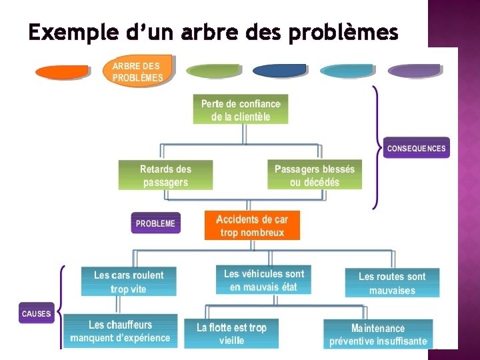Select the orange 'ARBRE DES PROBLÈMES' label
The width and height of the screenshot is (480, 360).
pyautogui.click(x=138, y=71)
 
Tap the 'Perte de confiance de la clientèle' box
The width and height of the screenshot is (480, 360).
pyautogui.click(x=241, y=110)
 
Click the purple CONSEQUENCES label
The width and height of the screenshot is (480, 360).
pyautogui.click(x=417, y=148)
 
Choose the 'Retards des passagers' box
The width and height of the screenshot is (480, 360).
pyautogui.click(x=165, y=175)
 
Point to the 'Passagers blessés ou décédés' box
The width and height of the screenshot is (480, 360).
pyautogui.click(x=315, y=175)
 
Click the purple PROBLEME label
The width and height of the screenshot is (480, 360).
pyautogui.click(x=155, y=223)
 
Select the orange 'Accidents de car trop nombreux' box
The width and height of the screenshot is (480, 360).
pyautogui.click(x=252, y=226)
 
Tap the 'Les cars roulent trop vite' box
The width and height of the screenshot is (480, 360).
pyautogui.click(x=129, y=281)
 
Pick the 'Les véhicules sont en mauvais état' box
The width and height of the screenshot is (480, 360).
pyautogui.click(x=263, y=280)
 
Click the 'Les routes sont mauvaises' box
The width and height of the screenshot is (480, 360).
pyautogui.click(x=392, y=283)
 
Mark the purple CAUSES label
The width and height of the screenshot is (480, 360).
pyautogui.click(x=36, y=313)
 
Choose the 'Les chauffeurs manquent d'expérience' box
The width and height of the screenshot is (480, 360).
pyautogui.click(x=120, y=331)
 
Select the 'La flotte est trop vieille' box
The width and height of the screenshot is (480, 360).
pyautogui.click(x=231, y=333)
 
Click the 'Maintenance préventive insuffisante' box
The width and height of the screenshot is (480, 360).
pyautogui.click(x=378, y=334)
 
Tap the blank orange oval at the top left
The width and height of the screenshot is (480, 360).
pyautogui.click(x=62, y=71)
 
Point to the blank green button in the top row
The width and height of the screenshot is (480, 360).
pyautogui.click(x=213, y=71)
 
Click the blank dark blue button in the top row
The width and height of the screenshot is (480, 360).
pyautogui.click(x=279, y=71)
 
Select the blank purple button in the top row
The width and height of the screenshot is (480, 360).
pyautogui.click(x=414, y=71)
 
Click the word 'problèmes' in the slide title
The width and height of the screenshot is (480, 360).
pyautogui.click(x=344, y=32)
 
